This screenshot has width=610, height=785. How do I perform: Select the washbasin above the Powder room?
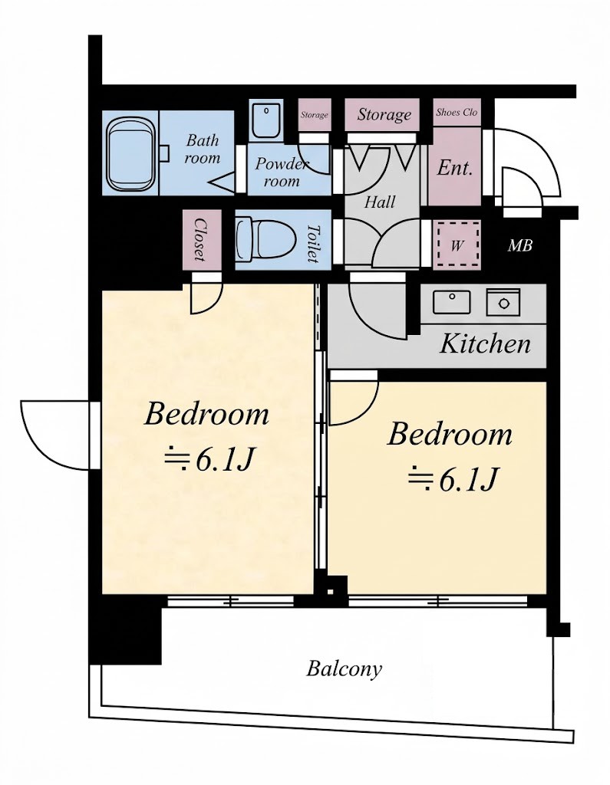(x=266, y=120)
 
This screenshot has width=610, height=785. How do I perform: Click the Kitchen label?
(x=485, y=344)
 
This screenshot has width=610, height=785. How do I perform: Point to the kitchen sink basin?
(x=452, y=302)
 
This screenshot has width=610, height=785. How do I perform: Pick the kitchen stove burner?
(x=503, y=301)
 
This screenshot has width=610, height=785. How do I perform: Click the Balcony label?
(x=344, y=668)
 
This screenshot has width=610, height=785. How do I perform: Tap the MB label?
(x=519, y=245)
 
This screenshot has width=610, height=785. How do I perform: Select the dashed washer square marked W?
(x=457, y=245)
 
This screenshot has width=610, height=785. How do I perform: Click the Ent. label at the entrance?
(x=454, y=168)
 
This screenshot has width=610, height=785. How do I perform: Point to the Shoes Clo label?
(x=457, y=112)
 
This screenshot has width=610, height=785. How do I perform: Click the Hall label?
(x=380, y=202)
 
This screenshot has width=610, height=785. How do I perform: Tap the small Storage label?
(x=315, y=115)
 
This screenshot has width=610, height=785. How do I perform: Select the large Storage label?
(x=384, y=115)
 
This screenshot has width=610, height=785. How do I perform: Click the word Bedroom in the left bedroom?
(x=206, y=415)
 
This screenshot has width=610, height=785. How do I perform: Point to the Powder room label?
(x=282, y=172)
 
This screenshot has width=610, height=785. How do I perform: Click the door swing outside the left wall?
(x=56, y=435)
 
